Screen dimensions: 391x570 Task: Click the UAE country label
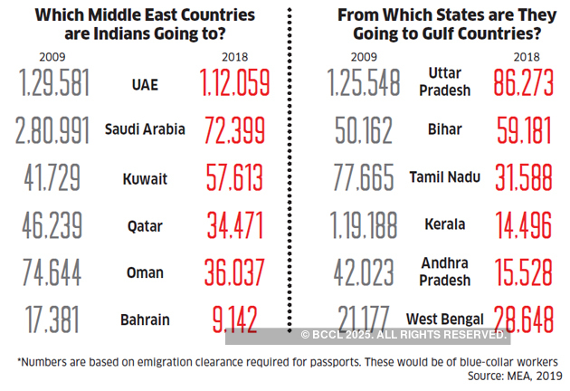point(145,84)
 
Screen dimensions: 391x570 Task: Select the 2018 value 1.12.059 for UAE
point(233,84)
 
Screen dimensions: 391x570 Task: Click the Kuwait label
point(145,178)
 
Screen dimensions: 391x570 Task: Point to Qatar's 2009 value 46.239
point(52,225)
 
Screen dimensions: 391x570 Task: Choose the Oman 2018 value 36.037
point(233,272)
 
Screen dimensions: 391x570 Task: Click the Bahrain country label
point(145,319)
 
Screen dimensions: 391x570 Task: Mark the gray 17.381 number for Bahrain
point(52,319)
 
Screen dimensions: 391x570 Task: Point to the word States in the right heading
point(445,15)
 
